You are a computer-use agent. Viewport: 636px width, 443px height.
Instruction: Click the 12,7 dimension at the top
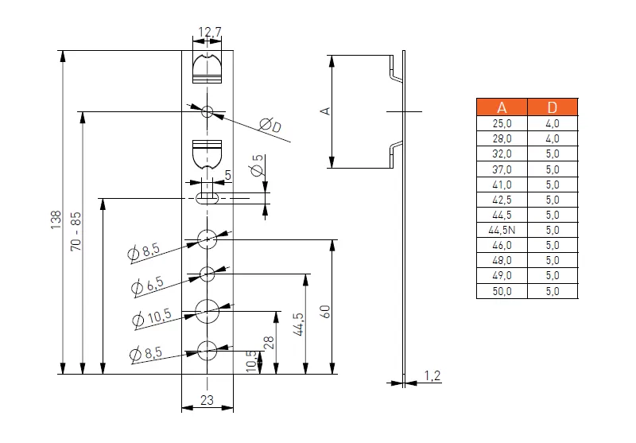tap(210, 32)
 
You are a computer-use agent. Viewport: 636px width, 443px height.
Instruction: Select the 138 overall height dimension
tap(56, 220)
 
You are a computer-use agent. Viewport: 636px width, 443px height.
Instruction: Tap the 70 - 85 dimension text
tap(76, 231)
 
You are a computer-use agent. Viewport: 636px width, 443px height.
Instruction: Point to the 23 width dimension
tap(207, 400)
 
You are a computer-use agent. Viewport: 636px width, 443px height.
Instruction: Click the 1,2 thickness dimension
tap(432, 376)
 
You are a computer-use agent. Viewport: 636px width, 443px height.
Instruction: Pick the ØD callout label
tap(270, 126)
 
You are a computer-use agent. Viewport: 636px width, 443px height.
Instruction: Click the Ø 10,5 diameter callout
tap(152, 317)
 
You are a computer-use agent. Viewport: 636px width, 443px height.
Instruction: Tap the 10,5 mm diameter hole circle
tap(207, 311)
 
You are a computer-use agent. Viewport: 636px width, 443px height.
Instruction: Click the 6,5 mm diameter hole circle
tap(207, 274)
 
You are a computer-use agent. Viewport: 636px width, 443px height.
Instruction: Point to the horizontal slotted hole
tap(207, 198)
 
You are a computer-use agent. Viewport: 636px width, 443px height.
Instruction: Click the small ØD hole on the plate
tap(207, 111)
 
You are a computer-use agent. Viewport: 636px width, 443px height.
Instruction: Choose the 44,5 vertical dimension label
tap(299, 324)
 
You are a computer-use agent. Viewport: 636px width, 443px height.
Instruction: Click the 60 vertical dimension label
tap(325, 312)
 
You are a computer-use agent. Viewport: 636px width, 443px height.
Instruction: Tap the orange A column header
tap(502, 107)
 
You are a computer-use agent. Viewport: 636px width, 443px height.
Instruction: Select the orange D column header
tap(553, 107)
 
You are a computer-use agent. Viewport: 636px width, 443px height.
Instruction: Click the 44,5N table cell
tap(502, 230)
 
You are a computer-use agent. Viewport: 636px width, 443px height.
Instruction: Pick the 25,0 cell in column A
tap(502, 123)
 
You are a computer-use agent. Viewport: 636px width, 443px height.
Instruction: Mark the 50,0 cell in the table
tap(502, 291)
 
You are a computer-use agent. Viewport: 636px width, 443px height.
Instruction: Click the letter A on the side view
tap(325, 111)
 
